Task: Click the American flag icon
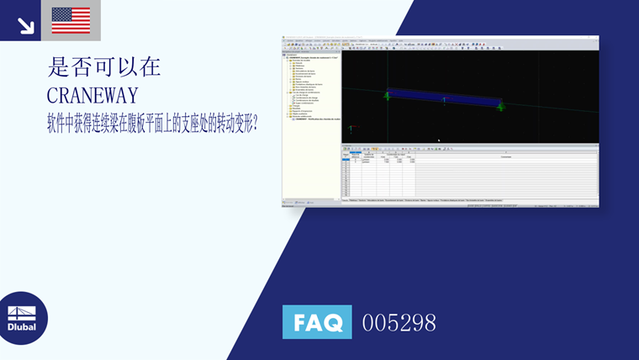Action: [x=71, y=20]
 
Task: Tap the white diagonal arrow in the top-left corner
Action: [x=25, y=25]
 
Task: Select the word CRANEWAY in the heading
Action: [x=93, y=95]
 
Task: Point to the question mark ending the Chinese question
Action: [x=254, y=124]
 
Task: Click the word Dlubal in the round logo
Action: [x=22, y=326]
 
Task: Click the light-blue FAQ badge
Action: [x=317, y=321]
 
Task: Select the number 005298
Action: [x=399, y=322]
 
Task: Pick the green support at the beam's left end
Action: [x=388, y=95]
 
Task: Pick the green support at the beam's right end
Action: [x=500, y=107]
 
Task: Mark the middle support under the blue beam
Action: [x=444, y=101]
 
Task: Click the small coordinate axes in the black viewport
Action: [x=351, y=129]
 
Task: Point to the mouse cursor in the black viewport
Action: [x=439, y=140]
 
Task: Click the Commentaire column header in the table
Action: [x=504, y=157]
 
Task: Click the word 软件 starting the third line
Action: [x=57, y=124]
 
